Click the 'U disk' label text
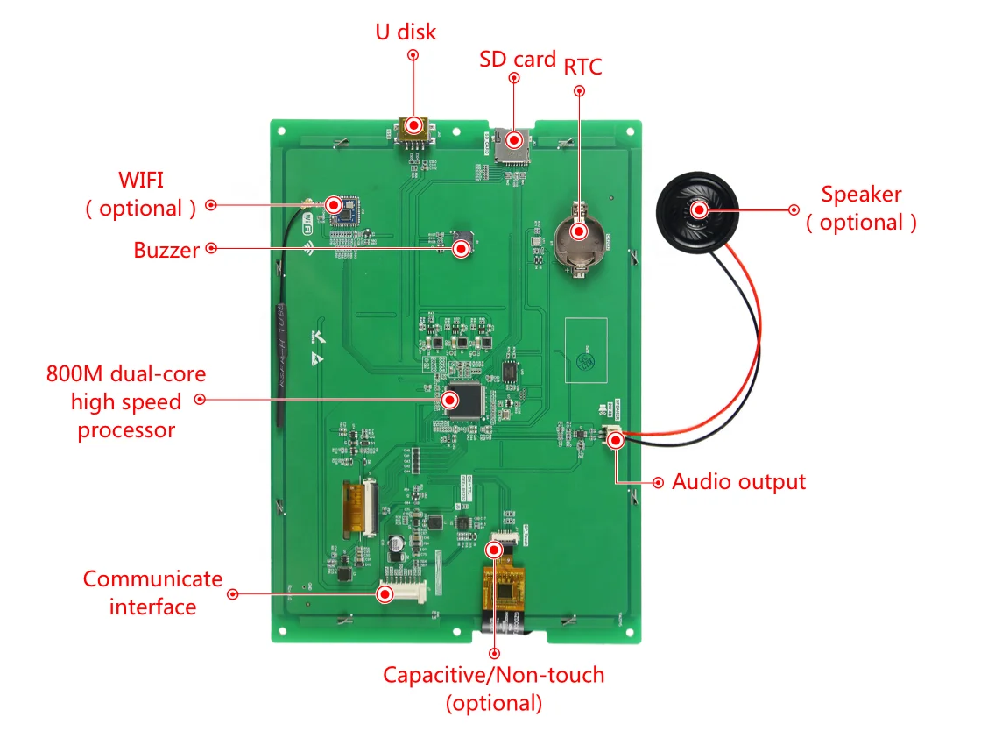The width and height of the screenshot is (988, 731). [x=406, y=32]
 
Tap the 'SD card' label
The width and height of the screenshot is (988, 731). [x=517, y=59]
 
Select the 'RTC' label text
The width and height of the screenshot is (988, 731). [x=582, y=67]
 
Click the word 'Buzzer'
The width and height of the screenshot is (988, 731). [x=166, y=250]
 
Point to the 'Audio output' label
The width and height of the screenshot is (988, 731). [x=738, y=482]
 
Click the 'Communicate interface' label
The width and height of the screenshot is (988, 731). [x=152, y=593]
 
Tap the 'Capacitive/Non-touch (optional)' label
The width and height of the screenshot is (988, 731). [x=493, y=688]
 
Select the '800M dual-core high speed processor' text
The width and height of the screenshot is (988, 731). [x=126, y=401]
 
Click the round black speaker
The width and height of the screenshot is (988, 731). [x=699, y=210]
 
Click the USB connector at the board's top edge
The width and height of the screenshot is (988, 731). [x=413, y=131]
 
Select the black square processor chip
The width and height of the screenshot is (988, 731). [x=465, y=401]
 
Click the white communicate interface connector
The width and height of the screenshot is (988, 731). [x=401, y=594]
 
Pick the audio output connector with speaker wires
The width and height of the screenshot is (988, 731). [x=614, y=437]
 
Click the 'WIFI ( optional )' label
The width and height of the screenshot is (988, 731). [x=141, y=195]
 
